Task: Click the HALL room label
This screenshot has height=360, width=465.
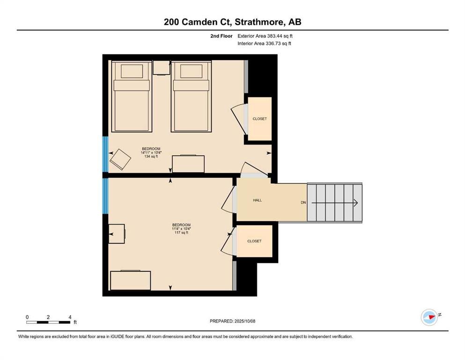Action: [258, 200]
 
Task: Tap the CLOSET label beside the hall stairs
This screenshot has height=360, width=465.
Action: [254, 241]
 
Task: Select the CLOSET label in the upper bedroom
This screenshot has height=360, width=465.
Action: [259, 119]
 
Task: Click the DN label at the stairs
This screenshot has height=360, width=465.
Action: [303, 202]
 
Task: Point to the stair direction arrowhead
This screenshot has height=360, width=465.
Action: [355, 203]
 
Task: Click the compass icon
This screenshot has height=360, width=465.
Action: [429, 317]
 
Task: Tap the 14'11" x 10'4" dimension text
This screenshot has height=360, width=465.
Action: [151, 152]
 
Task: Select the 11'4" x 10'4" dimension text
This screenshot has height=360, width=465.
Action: [182, 229]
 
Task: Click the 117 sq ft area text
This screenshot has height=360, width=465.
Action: [182, 232]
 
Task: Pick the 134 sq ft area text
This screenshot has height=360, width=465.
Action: [151, 157]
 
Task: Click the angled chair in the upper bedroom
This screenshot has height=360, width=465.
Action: [120, 159]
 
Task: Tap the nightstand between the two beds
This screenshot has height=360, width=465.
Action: [162, 67]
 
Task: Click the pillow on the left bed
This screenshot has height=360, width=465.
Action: [132, 71]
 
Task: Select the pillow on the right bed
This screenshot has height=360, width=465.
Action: [191, 71]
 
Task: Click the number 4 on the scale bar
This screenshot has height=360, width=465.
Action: [70, 317]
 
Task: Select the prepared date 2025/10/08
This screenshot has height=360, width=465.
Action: [245, 321]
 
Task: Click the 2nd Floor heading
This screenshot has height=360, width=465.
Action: [221, 36]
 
